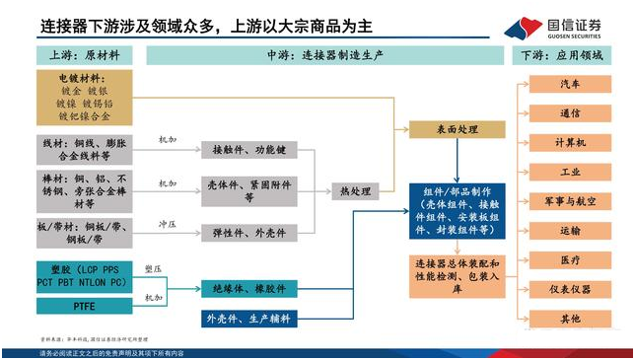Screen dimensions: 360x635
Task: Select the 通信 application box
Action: (569, 113)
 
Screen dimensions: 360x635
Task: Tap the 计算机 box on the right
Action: (569, 143)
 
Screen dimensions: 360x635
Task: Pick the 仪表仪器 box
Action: (569, 290)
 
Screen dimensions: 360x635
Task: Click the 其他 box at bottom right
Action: (569, 319)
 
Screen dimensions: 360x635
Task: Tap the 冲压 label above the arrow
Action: (170, 224)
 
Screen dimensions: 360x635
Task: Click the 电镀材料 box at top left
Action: (82, 96)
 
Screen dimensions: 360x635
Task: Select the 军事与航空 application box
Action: (569, 201)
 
